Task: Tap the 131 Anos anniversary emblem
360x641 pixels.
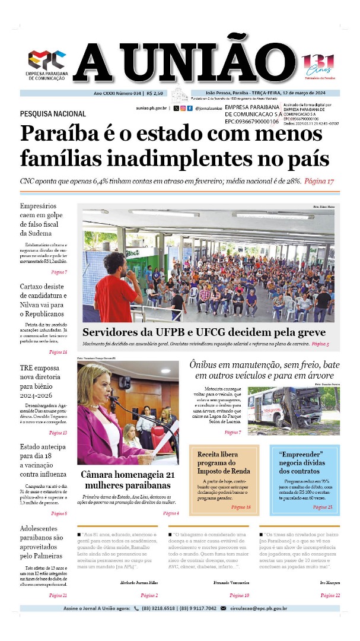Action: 318,65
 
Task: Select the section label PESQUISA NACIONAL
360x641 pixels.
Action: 53,113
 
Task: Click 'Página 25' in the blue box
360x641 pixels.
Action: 323,507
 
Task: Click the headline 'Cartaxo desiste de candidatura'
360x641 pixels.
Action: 44,300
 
